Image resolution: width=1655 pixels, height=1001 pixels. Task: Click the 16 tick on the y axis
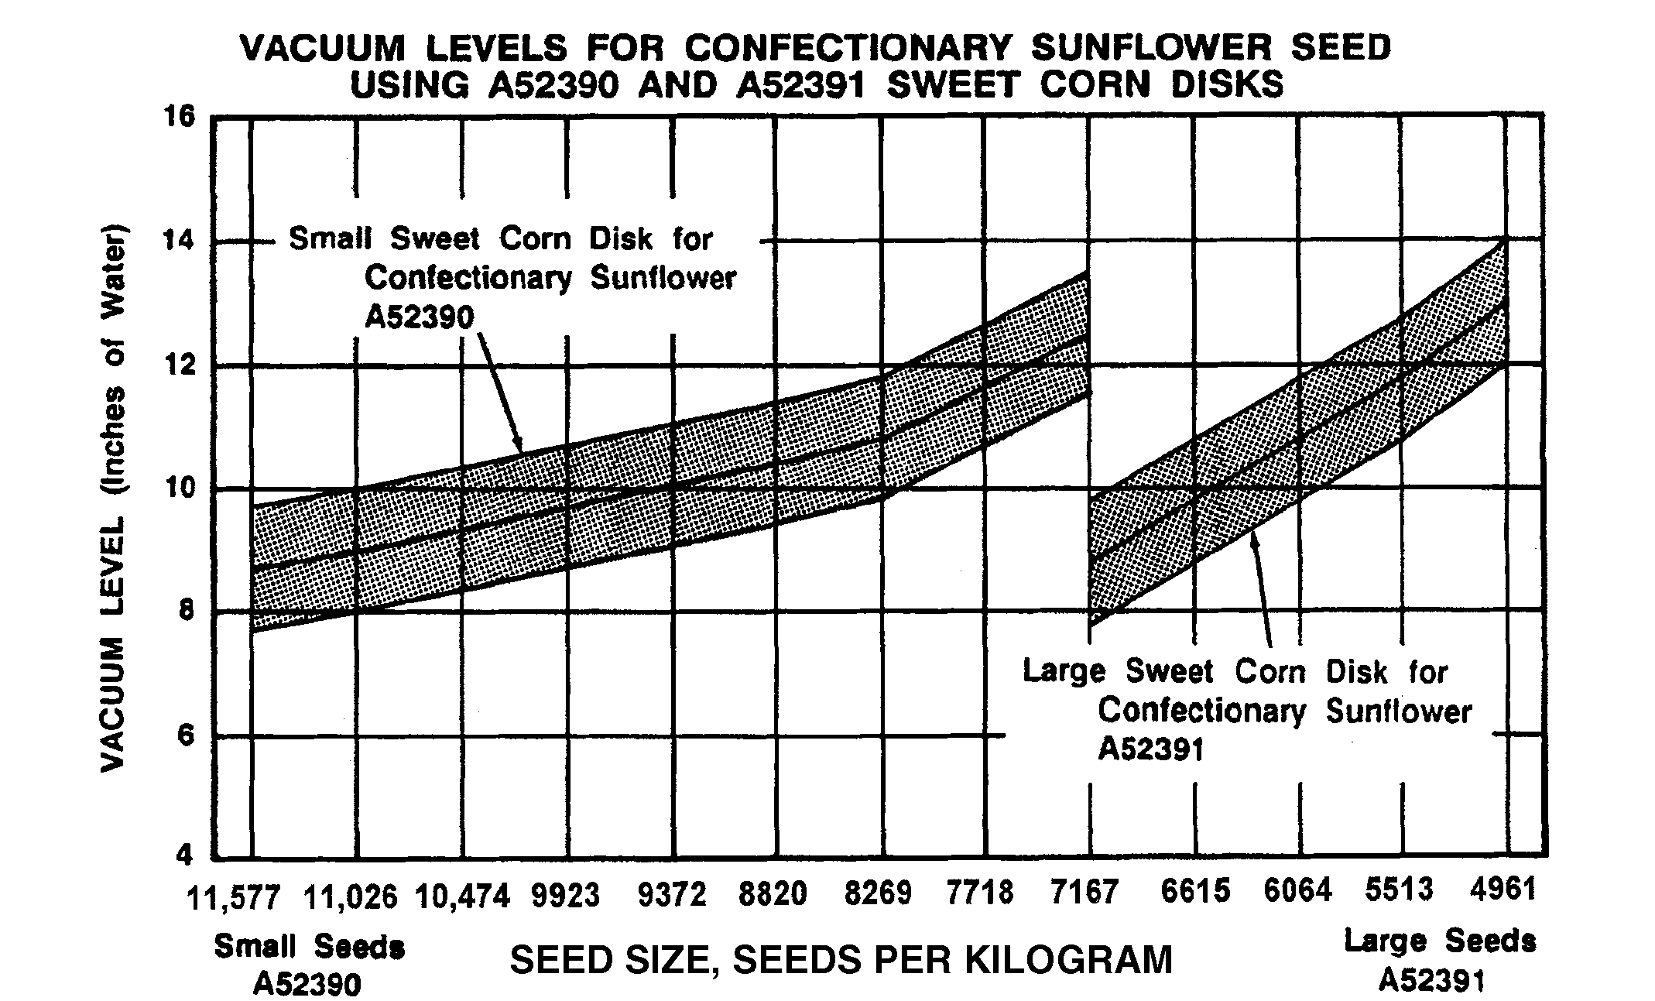click(x=180, y=118)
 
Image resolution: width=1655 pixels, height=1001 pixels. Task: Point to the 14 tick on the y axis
click(x=180, y=242)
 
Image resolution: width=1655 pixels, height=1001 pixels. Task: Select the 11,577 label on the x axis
click(x=233, y=896)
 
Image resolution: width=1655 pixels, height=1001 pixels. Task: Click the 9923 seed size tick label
click(x=566, y=895)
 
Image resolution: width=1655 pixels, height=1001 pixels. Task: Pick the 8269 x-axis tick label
click(x=878, y=893)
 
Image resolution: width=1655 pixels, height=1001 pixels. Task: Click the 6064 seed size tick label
click(x=1298, y=891)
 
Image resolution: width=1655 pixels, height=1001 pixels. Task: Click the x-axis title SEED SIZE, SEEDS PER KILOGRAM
click(x=841, y=961)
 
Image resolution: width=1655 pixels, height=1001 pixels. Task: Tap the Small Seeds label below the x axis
click(x=309, y=947)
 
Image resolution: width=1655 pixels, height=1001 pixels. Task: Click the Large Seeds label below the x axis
click(x=1440, y=941)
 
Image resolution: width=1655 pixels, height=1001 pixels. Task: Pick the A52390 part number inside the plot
click(x=419, y=317)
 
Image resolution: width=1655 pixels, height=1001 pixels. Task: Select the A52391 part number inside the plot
click(x=1152, y=749)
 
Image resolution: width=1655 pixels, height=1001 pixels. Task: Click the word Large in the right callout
click(x=1066, y=671)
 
